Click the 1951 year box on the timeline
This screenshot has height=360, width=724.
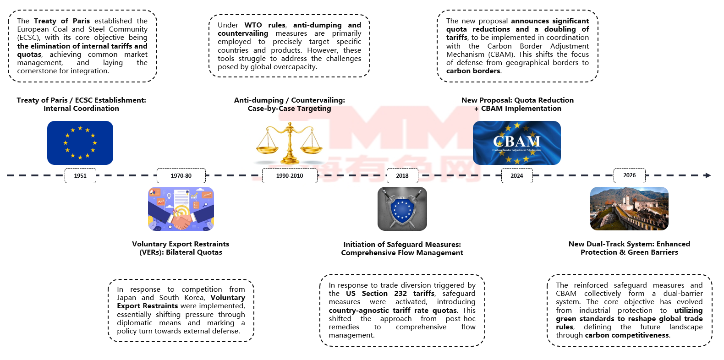[80, 175]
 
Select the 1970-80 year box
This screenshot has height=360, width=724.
[181, 175]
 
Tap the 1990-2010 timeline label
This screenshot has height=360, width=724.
[290, 175]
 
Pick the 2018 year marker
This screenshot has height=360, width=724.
[402, 175]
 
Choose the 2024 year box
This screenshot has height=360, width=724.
[517, 175]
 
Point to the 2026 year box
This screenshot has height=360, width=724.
[630, 175]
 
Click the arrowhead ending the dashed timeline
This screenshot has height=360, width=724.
[708, 175]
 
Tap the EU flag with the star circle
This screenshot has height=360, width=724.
[80, 143]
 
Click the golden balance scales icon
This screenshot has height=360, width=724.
[290, 143]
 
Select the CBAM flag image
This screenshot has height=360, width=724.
[517, 143]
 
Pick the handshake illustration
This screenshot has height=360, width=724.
[181, 209]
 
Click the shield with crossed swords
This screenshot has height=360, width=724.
[402, 209]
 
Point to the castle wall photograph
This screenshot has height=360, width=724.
[629, 209]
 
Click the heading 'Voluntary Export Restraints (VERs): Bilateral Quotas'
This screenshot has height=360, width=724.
[181, 248]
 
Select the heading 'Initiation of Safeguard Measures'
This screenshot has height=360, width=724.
[402, 245]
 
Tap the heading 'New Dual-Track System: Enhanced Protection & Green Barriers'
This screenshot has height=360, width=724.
[629, 248]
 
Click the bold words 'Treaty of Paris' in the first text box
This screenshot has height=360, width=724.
[62, 21]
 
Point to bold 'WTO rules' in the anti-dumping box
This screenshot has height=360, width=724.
[265, 25]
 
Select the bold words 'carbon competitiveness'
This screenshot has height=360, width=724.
[627, 335]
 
